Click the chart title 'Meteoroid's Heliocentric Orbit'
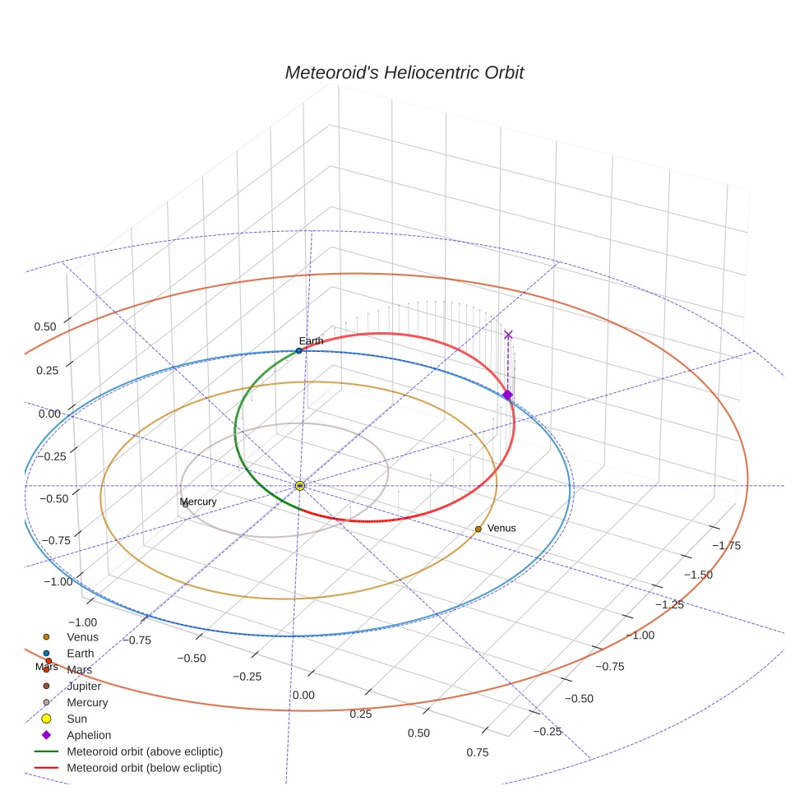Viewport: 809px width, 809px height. coord(404,72)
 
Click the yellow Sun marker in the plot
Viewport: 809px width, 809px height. coord(300,486)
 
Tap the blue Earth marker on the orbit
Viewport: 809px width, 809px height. coord(299,351)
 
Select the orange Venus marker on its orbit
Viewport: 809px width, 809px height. coord(478,529)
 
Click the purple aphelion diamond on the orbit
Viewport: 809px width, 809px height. coord(507,395)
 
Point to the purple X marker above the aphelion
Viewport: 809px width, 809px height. coord(508,335)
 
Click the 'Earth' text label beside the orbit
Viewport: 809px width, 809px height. coord(311,340)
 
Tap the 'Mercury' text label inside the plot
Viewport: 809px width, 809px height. coord(198,502)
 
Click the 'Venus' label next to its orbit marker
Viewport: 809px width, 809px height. coord(502,528)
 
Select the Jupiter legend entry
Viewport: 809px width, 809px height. coord(84,686)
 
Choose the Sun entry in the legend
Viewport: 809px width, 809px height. coord(76,719)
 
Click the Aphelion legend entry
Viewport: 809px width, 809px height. coord(89,735)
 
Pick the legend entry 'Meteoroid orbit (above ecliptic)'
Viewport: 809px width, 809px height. coord(145,751)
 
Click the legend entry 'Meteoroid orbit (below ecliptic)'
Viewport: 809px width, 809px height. coord(144,768)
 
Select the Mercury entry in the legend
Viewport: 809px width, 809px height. coord(87,702)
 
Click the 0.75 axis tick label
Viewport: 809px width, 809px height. coord(477,751)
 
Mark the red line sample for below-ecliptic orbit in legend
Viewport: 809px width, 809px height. coord(46,768)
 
